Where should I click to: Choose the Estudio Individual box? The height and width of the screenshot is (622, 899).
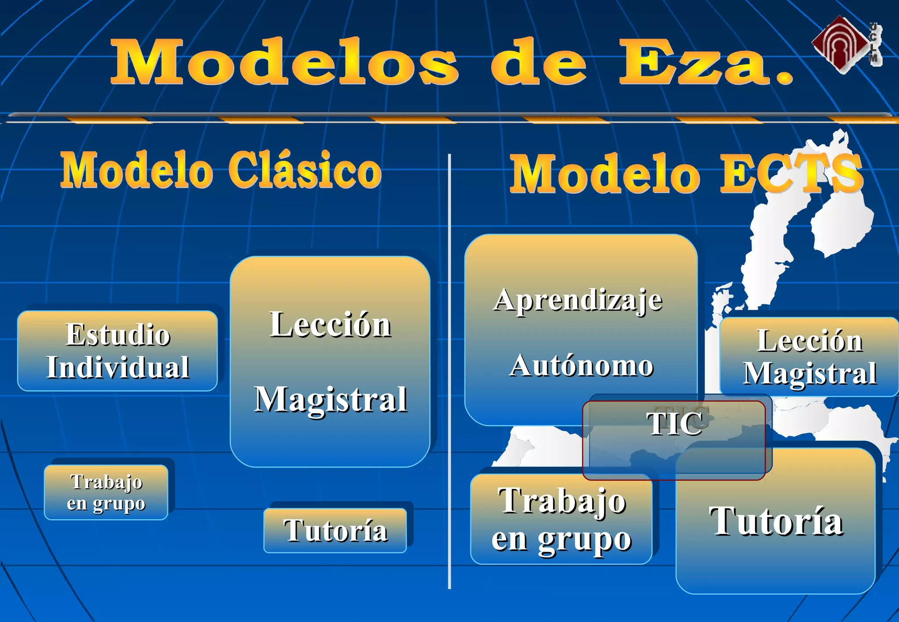click(118, 351)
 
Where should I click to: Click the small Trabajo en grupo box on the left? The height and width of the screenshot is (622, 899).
click(106, 492)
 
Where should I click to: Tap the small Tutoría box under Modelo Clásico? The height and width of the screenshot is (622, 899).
click(335, 530)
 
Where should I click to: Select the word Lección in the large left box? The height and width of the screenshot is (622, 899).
click(330, 325)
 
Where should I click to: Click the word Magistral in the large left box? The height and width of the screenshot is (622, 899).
click(331, 399)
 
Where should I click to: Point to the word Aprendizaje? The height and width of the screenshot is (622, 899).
click(578, 301)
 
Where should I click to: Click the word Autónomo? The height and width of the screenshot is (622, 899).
click(581, 366)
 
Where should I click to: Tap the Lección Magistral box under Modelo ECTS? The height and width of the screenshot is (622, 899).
click(809, 357)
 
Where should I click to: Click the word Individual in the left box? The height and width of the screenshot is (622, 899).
click(118, 368)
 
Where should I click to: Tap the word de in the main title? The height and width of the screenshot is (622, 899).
click(539, 62)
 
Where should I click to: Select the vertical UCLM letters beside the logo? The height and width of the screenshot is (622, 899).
click(874, 44)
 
